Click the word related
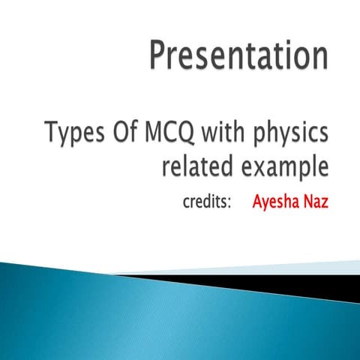coord(195,167)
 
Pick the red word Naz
coord(316,202)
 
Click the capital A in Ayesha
coord(257,202)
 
